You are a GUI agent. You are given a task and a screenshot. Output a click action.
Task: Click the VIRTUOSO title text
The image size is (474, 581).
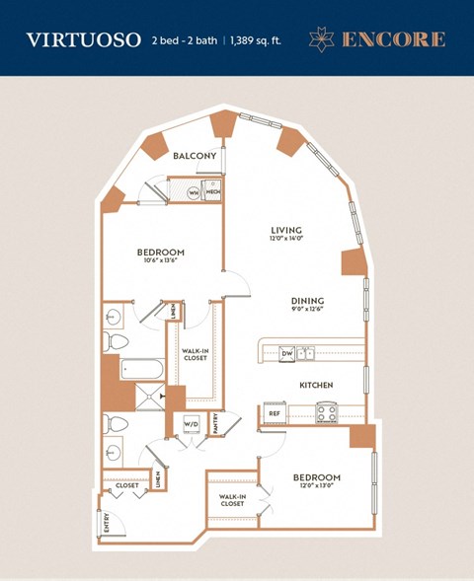point(82,40)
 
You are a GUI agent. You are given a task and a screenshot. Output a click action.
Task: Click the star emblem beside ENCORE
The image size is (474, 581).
point(322,39)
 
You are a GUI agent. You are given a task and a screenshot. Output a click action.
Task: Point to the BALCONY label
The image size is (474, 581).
point(195,157)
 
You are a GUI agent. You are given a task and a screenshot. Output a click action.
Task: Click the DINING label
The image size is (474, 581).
point(307,301)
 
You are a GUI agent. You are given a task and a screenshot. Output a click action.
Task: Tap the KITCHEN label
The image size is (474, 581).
point(316,384)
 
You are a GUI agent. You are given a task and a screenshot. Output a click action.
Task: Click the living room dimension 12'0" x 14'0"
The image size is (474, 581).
point(286,242)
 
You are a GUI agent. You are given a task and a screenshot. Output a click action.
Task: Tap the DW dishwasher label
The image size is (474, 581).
point(286,352)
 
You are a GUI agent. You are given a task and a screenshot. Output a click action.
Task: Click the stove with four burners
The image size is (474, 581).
point(328,413)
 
